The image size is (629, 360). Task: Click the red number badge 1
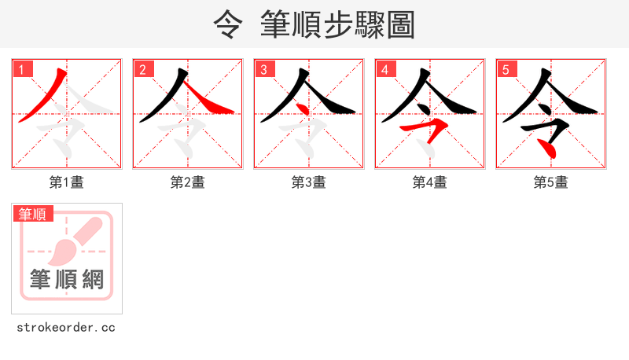(22, 69)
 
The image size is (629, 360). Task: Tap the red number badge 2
(143, 69)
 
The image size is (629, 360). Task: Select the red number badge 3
(264, 69)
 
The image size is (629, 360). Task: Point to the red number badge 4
(385, 69)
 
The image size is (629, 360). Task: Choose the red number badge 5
(506, 69)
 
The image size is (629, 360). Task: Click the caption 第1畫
(67, 182)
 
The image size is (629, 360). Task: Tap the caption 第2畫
(188, 182)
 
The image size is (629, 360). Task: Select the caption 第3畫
(309, 182)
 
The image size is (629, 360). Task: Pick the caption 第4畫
(430, 182)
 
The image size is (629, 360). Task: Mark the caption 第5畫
(551, 182)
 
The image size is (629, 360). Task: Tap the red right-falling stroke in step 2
(212, 103)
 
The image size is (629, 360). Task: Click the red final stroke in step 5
(550, 146)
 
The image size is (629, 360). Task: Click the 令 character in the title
(228, 25)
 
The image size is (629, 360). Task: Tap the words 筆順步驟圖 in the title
(338, 25)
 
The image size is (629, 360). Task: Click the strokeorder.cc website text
(66, 327)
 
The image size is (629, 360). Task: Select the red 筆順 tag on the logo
(33, 214)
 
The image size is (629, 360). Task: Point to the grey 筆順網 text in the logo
(67, 278)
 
